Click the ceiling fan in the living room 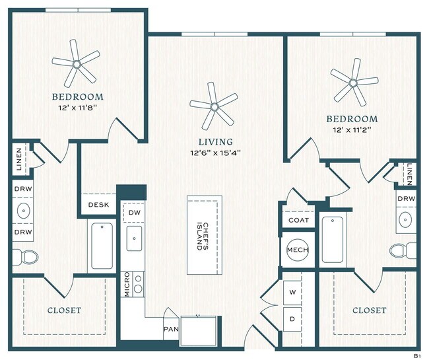(x=213, y=105)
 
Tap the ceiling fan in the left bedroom (x=76, y=64)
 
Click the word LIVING (x=216, y=142)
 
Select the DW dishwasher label (x=134, y=213)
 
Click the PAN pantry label (x=170, y=327)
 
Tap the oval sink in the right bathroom (x=406, y=219)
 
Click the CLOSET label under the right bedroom (x=369, y=310)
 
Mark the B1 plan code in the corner (x=416, y=355)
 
